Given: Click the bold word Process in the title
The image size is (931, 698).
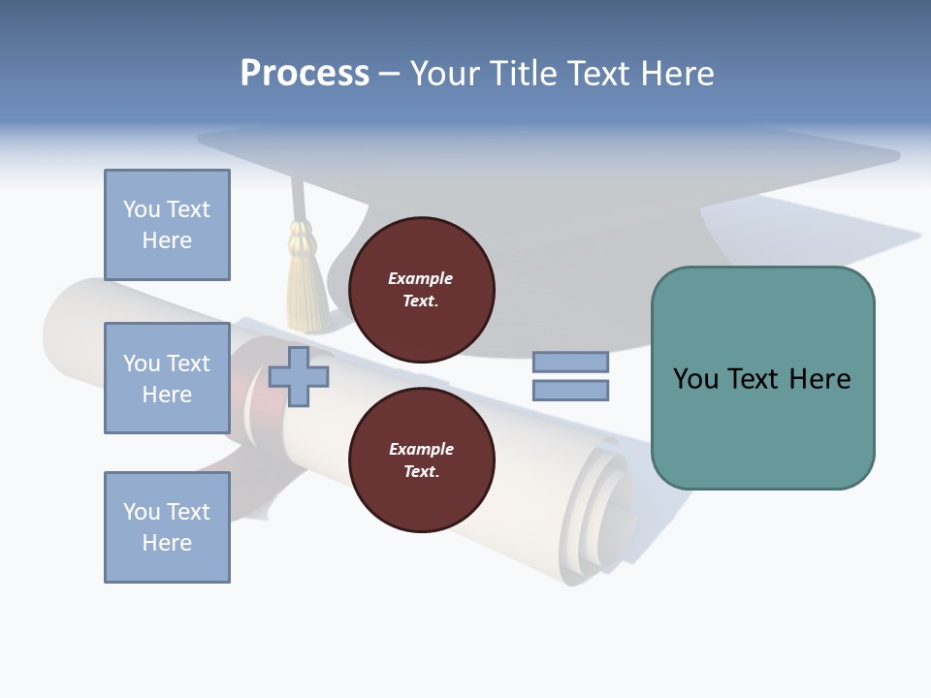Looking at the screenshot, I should [x=305, y=74].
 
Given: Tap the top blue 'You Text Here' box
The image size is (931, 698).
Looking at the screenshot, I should [x=167, y=225].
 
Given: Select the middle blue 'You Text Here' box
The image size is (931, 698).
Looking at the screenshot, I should [x=167, y=378].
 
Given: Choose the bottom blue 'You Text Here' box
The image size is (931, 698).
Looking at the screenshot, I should [x=167, y=527].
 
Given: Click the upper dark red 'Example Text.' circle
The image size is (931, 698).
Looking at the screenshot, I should [x=421, y=289].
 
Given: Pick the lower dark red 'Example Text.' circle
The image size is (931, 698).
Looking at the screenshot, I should [x=421, y=460].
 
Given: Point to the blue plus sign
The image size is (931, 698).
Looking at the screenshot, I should [x=299, y=376].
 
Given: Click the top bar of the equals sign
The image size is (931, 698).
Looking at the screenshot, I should [x=570, y=363].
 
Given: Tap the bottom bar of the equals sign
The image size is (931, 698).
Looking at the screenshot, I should [x=570, y=391].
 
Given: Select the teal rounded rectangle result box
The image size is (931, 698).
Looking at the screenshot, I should [x=762, y=378].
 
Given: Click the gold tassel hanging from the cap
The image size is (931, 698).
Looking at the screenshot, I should [x=307, y=281].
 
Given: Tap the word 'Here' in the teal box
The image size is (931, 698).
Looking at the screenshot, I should [x=819, y=379].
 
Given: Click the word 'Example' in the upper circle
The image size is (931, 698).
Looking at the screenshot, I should [x=421, y=278].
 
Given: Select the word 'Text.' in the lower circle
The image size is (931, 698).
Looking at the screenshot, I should [x=421, y=471].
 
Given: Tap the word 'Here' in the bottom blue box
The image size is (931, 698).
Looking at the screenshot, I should [x=167, y=543].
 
